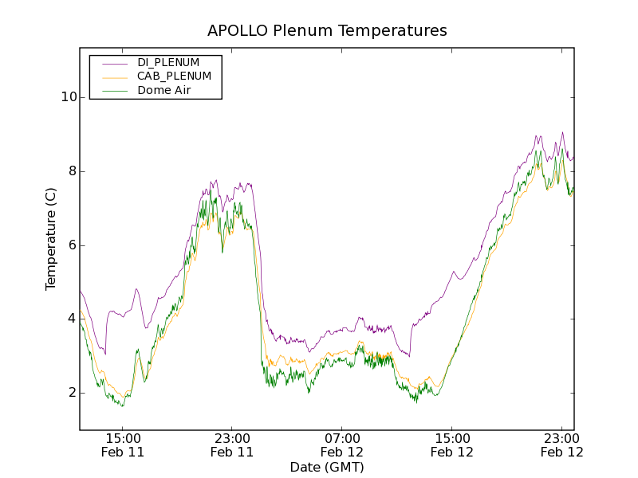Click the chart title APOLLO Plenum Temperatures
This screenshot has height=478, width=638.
(327, 31)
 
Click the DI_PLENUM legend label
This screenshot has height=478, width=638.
(168, 62)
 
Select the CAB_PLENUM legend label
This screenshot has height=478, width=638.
(174, 76)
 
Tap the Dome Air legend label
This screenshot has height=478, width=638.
(163, 90)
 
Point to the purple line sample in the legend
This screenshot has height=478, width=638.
(112, 63)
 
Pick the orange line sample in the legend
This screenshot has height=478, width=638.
(112, 76)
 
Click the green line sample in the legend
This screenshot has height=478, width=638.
(112, 91)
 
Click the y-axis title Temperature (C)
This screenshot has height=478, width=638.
(51, 239)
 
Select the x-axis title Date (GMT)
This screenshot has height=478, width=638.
(327, 467)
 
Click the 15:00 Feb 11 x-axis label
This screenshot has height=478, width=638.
(122, 445)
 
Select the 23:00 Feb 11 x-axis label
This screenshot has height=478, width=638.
(232, 445)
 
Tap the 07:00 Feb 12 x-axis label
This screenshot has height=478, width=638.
(342, 445)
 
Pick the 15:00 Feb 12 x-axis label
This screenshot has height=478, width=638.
(452, 445)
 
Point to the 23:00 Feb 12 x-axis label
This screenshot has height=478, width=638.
(562, 445)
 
